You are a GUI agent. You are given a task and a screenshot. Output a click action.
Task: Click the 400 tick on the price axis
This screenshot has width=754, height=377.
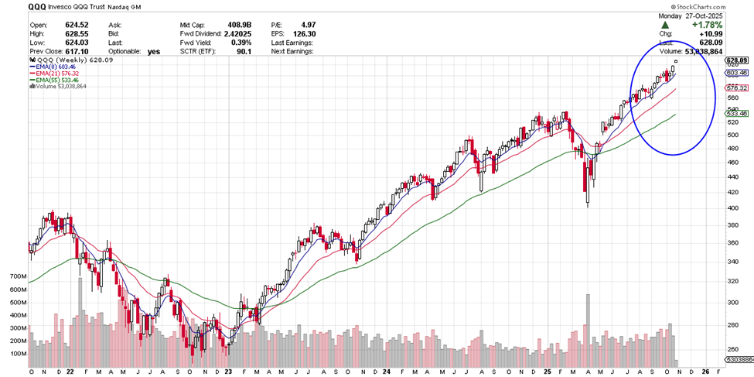click(732, 208)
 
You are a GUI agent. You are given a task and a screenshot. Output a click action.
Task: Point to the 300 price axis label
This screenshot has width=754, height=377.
click(732, 303)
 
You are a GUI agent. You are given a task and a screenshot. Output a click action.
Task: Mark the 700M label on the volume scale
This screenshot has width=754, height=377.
click(17, 276)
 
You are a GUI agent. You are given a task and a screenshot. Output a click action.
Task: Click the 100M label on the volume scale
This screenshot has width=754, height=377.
click(17, 354)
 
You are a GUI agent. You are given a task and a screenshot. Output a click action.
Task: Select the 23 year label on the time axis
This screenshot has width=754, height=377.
click(228, 371)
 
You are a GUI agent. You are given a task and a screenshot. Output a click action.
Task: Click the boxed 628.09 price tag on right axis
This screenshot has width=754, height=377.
click(736, 60)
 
